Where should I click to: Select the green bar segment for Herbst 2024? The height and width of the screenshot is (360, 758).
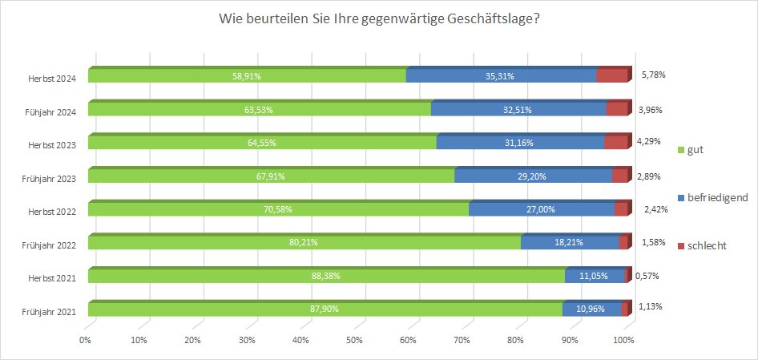(247, 76)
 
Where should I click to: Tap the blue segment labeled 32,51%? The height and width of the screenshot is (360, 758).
(518, 110)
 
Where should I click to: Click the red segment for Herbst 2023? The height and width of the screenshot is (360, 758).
(615, 143)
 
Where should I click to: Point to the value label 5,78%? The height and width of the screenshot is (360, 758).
(654, 75)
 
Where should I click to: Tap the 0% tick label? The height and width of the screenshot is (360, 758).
(86, 341)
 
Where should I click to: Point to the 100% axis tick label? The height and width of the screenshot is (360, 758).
(623, 341)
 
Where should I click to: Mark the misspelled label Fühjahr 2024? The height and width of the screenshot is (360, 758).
(54, 111)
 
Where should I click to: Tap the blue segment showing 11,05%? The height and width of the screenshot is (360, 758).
(595, 276)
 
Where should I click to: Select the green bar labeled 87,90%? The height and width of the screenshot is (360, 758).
(325, 309)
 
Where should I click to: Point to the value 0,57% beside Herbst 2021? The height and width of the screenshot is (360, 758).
(647, 275)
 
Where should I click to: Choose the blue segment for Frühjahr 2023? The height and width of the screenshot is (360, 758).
(533, 176)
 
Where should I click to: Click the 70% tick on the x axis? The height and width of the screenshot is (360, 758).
(462, 341)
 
